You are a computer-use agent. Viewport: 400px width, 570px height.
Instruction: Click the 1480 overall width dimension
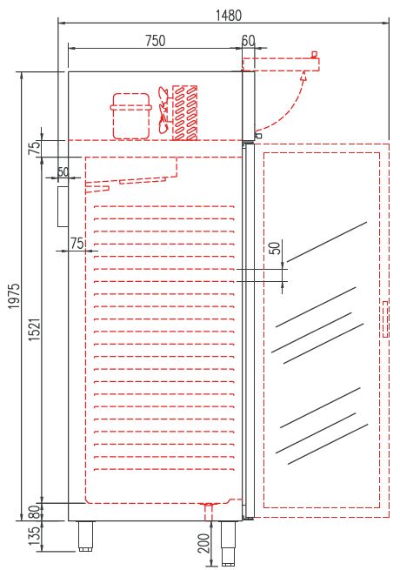pyautogui.click(x=229, y=15)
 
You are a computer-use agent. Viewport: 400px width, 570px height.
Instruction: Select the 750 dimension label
pyautogui.click(x=155, y=40)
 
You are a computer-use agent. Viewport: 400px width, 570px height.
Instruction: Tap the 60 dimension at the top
pyautogui.click(x=249, y=40)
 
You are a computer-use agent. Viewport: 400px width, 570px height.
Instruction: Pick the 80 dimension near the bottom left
pyautogui.click(x=34, y=511)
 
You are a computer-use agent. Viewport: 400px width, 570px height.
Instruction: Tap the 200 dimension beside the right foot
pyautogui.click(x=203, y=543)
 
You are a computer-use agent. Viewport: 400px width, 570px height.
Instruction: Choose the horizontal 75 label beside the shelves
pyautogui.click(x=77, y=243)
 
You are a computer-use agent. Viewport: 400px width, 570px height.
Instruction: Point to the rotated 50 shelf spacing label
pyautogui.click(x=275, y=248)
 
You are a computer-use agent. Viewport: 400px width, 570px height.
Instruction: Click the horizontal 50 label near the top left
pyautogui.click(x=63, y=172)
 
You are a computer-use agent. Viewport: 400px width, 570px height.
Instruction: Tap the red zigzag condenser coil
pyautogui.click(x=184, y=112)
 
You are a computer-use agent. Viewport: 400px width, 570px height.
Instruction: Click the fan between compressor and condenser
pyautogui.click(x=163, y=110)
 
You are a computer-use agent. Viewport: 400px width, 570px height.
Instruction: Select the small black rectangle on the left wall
pyautogui.click(x=63, y=205)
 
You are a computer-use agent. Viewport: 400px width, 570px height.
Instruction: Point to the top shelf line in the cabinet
pyautogui.click(x=163, y=207)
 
